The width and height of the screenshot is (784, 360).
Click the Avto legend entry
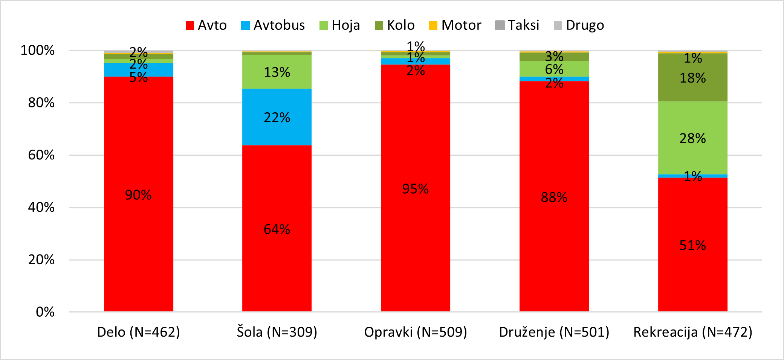206,25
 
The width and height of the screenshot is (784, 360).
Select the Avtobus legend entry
273,25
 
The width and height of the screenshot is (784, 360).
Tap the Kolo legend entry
394,25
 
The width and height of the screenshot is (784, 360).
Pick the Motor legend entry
455,25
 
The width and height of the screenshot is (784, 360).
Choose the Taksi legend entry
517,25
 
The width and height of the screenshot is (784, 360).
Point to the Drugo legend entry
579,25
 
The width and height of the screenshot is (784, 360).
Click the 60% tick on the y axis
41,155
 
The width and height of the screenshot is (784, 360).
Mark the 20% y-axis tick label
41,260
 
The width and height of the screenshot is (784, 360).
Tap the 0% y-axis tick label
45,312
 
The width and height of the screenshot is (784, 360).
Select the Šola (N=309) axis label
277,332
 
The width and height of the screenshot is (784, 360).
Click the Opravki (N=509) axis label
416,332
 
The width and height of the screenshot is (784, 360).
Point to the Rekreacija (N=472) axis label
693,332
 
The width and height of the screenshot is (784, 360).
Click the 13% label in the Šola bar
277,72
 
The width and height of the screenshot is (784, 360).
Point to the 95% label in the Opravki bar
416,189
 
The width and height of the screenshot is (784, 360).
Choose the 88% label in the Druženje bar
554,197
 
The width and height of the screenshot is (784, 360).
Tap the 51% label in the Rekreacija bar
693,245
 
